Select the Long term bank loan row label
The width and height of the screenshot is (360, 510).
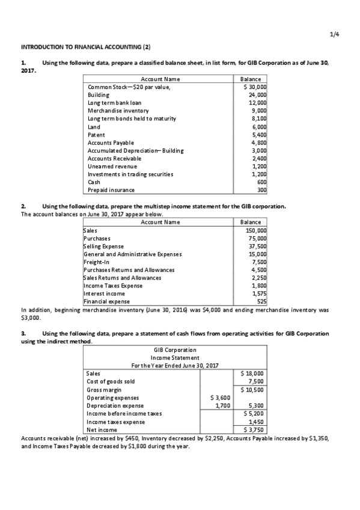114,103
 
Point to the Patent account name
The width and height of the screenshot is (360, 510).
97,135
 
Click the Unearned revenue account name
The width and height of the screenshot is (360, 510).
112,166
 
